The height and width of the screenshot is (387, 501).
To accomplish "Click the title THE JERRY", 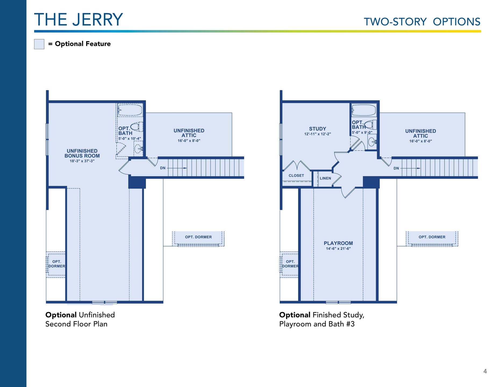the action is click(x=78, y=20).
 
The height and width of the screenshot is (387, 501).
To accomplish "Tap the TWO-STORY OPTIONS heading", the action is click(x=422, y=22).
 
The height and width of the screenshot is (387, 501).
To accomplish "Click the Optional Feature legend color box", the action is click(x=39, y=44).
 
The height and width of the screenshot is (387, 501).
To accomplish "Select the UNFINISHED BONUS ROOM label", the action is click(x=82, y=153).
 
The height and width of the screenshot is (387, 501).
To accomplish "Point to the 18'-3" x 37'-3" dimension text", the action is click(x=82, y=161).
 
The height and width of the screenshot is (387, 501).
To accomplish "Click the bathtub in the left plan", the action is click(x=130, y=110).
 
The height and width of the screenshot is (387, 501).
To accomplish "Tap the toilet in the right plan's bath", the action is click(x=371, y=125).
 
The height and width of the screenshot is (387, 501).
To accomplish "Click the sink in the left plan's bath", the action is click(x=138, y=148).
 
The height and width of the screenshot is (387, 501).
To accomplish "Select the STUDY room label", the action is click(x=317, y=129).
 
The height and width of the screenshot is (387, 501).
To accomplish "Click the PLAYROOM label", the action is click(x=338, y=243).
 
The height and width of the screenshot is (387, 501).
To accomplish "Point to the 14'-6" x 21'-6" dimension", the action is click(x=338, y=249).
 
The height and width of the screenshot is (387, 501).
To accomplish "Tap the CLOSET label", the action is click(x=296, y=175).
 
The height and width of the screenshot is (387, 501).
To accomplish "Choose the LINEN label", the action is click(x=325, y=178).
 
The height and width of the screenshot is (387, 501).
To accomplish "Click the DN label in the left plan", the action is click(x=163, y=168).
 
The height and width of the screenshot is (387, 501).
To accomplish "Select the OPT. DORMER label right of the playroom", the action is click(x=432, y=237).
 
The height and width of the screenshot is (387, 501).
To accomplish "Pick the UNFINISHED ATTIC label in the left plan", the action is click(x=189, y=133).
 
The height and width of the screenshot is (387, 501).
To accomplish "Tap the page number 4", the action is click(x=485, y=371).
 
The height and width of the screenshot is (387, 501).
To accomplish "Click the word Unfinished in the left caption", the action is click(x=97, y=315).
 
